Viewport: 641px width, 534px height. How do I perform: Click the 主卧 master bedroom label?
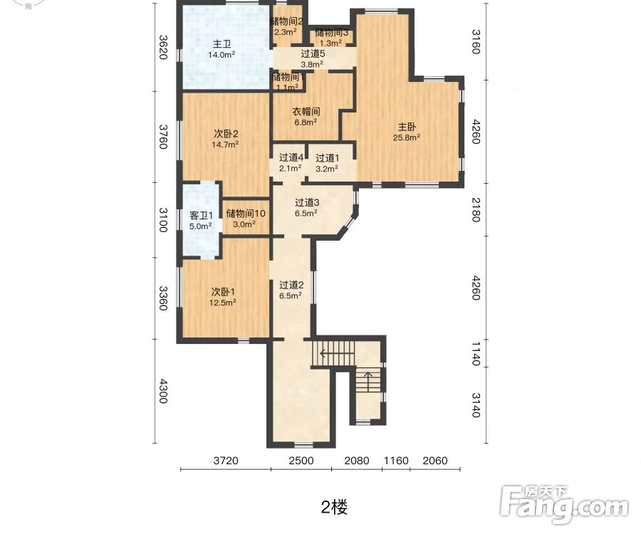pos(407,127)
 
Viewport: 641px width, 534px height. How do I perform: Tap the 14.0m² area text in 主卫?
pos(222,55)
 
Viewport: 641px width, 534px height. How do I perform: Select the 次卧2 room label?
pos(225,133)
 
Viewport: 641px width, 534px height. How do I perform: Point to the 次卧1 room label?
pos(223,291)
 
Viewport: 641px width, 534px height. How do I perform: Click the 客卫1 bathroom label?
pos(201,215)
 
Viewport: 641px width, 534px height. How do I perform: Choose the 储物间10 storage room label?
pos(246,214)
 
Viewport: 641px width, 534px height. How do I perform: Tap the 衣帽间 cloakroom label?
pos(306,112)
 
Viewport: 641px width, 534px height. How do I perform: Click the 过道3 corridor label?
pos(308,202)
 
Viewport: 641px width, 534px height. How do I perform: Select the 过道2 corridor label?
pos(291,284)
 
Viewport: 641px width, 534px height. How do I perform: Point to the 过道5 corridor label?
pos(313,53)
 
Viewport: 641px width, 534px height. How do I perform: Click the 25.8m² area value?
pos(407,138)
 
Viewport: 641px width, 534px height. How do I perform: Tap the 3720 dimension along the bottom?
pos(225,461)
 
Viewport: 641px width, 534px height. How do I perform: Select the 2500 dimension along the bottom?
pos(301,461)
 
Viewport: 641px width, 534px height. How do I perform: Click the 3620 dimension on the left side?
pos(163,47)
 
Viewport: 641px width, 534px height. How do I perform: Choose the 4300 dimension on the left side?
pos(163,391)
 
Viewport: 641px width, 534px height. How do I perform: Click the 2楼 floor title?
pos(334,507)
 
